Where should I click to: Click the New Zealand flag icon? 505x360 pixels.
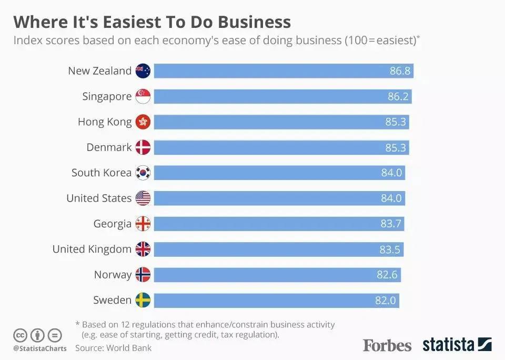[x=143, y=71]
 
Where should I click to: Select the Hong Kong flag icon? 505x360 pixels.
[x=143, y=122]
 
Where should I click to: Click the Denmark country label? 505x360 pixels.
[x=109, y=147]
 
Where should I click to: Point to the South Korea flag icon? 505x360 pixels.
[x=143, y=173]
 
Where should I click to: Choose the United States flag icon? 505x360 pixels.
[x=143, y=198]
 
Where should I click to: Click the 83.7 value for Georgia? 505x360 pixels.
[x=391, y=224]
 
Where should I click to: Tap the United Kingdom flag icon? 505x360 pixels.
[x=143, y=249]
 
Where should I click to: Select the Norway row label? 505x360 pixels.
[x=113, y=275]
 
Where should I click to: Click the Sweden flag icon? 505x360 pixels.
[x=143, y=300]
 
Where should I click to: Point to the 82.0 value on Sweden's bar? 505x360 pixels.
[x=386, y=300]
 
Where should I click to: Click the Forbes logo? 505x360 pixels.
[x=387, y=345]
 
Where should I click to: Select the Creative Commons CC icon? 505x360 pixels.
[x=21, y=335]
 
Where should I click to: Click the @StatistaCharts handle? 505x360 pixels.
[x=40, y=348]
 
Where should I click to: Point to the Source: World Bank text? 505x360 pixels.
[x=113, y=348]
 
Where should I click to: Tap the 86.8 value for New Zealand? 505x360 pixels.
[x=400, y=71]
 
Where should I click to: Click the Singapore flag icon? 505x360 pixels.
[x=143, y=97]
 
